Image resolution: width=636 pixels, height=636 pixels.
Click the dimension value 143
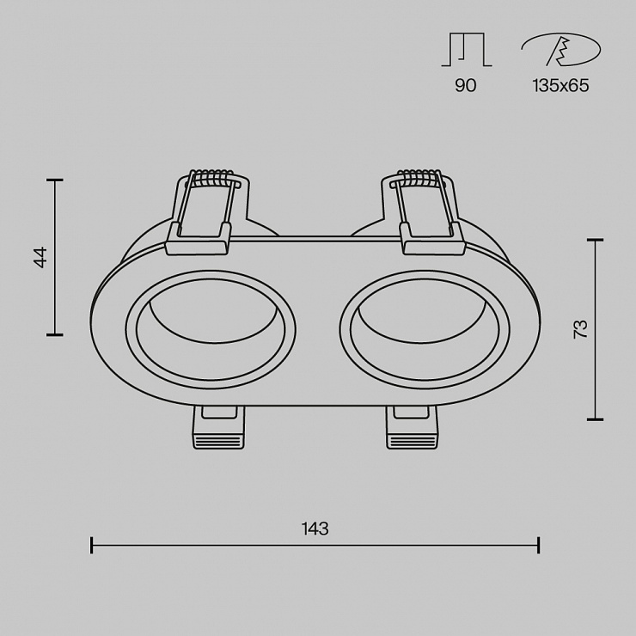[315, 529]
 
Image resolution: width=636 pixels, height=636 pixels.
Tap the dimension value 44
[40, 257]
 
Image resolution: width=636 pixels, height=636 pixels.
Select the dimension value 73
[580, 329]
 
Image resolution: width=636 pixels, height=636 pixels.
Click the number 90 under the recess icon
[466, 86]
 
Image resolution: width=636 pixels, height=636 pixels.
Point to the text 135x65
[561, 86]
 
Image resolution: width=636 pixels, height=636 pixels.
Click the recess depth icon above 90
[467, 50]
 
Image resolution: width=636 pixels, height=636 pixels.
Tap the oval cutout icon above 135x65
[561, 49]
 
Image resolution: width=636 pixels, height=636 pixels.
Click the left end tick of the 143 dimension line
[92, 545]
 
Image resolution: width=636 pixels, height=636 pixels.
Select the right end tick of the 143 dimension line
[538, 545]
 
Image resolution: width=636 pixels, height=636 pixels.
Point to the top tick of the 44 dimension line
[55, 180]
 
